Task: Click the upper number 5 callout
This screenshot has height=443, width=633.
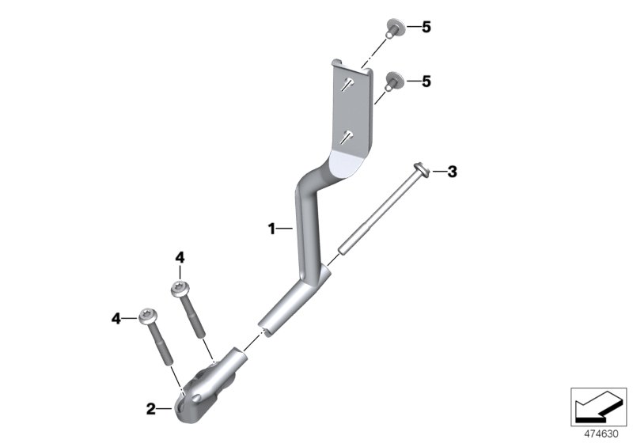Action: [426, 28]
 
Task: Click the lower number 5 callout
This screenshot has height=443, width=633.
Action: [426, 81]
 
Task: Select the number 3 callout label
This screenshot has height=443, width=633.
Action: [452, 172]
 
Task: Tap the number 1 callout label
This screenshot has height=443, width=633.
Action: [271, 229]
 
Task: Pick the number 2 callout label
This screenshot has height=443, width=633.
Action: [150, 409]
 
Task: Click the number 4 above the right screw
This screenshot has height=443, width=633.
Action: [180, 257]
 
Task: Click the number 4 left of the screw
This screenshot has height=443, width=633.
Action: [116, 319]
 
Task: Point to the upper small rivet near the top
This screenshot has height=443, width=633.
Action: [391, 28]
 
